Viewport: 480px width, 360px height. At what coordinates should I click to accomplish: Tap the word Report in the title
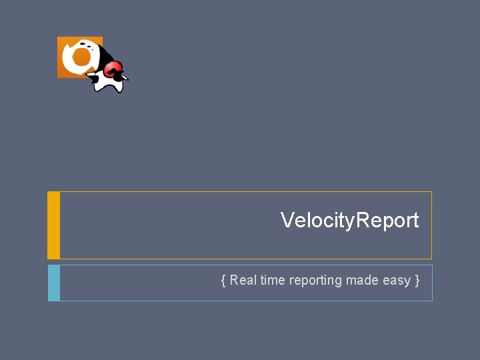388,221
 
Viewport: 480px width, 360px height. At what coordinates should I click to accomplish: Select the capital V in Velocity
287,220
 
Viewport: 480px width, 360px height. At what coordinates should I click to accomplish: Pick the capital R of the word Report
363,220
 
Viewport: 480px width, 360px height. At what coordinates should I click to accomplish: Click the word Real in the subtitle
243,281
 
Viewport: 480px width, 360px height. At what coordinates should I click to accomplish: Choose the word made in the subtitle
362,281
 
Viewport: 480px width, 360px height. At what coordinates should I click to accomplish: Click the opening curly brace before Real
223,281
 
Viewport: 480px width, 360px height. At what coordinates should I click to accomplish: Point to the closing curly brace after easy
417,281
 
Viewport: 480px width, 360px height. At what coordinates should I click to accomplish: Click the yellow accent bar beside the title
54,225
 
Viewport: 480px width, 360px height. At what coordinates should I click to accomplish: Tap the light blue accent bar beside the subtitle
54,283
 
